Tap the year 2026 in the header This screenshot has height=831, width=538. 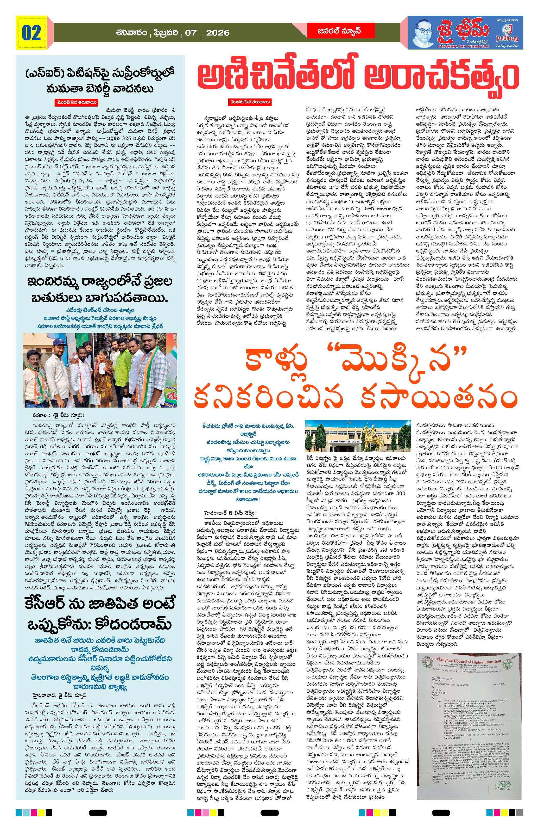[x=218, y=33]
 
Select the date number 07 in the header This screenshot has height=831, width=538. [x=191, y=33]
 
